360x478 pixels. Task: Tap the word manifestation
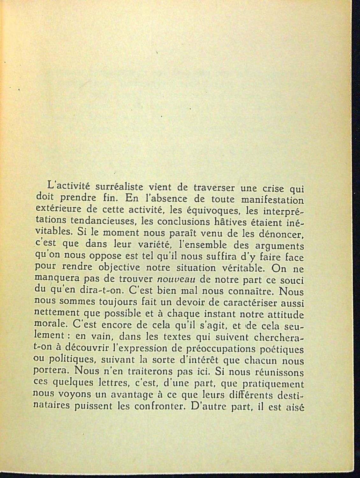click(x=272, y=200)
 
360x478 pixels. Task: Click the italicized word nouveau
click(x=176, y=280)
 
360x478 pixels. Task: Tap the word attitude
click(x=286, y=315)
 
